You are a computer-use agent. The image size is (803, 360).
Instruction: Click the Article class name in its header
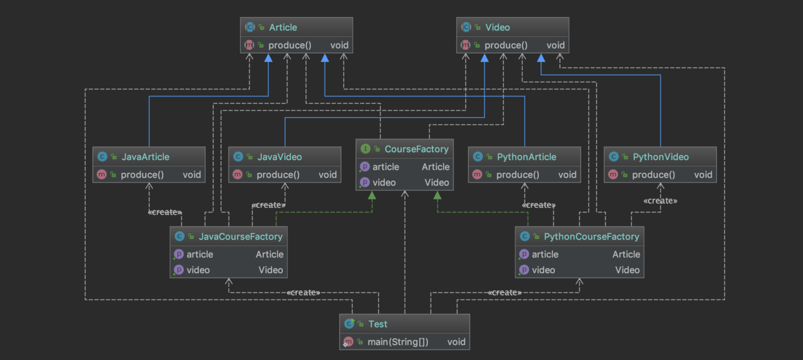point(283,27)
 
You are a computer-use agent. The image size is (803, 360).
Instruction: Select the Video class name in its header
point(497,27)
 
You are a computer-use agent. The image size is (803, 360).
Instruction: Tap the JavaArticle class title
point(145,157)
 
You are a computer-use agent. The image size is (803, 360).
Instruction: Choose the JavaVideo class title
point(280,157)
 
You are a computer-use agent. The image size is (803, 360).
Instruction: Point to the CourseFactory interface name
point(416,149)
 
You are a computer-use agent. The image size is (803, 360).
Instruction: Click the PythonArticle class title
point(526,157)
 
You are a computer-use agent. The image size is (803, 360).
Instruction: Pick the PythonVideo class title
point(661,157)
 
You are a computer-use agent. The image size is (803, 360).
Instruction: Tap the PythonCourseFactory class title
point(591,236)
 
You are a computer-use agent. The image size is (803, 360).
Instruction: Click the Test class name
point(378,324)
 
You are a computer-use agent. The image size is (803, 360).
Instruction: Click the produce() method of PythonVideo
point(653,175)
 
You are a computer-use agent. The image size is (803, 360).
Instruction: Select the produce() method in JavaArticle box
point(142,175)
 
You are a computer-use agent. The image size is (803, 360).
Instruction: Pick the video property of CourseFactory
point(384,183)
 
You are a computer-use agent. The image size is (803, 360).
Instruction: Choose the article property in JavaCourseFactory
point(199,254)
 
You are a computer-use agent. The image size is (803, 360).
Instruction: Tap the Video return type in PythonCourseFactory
point(627,270)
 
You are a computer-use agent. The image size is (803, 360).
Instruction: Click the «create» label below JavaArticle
point(164,212)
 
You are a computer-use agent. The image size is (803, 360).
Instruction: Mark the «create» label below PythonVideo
point(660,201)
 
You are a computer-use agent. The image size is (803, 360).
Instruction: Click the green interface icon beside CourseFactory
point(365,149)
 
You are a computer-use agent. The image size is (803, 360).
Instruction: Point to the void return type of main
point(456,342)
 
